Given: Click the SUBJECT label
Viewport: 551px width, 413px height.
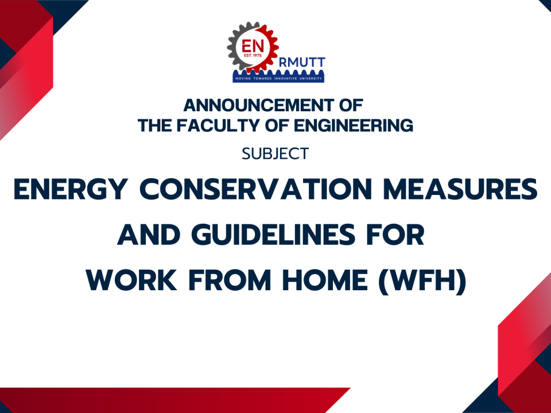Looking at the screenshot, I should click(275, 154).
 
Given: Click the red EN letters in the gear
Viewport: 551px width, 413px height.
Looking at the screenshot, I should click(251, 45).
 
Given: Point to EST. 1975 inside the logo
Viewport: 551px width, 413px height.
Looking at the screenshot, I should click(251, 56).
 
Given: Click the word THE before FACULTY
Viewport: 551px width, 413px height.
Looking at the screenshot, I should click(153, 125).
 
